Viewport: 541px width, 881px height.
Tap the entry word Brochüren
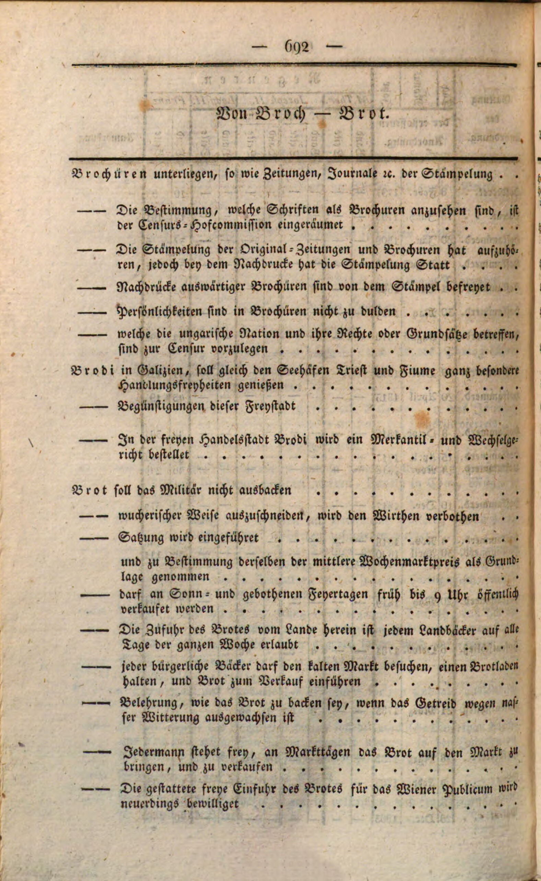point(109,174)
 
